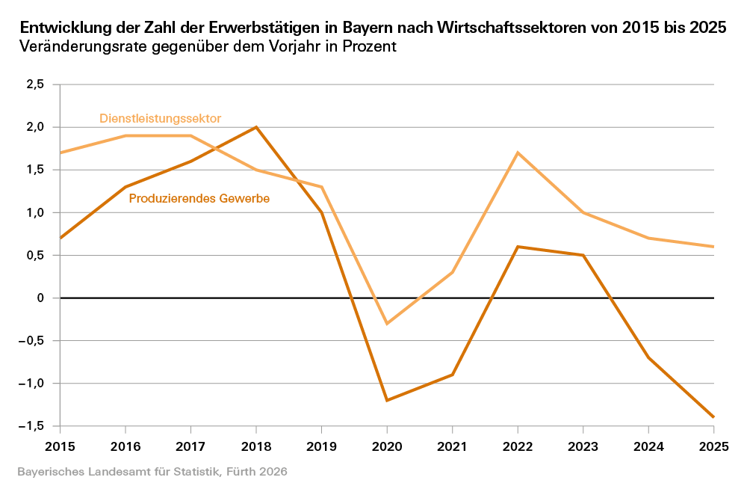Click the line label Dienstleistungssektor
click(x=160, y=118)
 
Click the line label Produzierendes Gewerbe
click(x=199, y=199)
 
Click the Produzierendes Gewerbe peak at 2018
click(x=256, y=127)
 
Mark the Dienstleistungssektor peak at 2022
click(x=518, y=153)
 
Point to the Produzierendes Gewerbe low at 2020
click(x=387, y=401)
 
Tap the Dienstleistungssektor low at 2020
click(x=387, y=324)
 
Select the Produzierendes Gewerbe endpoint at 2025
click(x=713, y=417)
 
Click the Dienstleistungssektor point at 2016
click(x=125, y=135)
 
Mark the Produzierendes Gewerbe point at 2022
click(x=518, y=247)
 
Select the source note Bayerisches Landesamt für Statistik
click(x=152, y=473)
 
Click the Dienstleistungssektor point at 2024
click(x=648, y=238)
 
